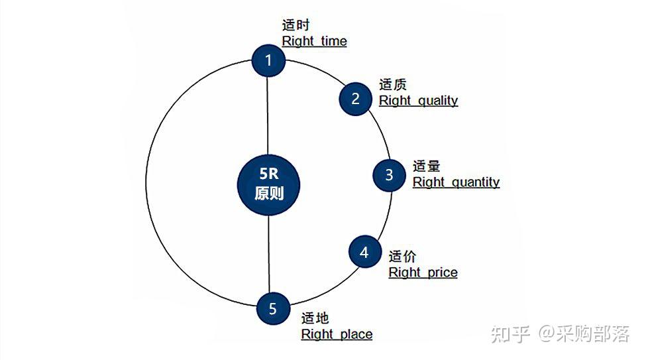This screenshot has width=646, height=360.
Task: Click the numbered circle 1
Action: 268,61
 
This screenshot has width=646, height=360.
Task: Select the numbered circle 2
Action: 356,99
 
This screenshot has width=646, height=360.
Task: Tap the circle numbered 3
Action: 389,174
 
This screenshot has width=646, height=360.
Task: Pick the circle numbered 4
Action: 364,253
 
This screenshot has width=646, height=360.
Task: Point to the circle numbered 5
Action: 273,309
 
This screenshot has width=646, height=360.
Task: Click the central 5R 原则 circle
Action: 269,185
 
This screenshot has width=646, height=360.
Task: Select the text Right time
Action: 314,41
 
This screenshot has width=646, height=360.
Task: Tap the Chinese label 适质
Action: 392,85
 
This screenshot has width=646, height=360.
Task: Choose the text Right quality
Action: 418,101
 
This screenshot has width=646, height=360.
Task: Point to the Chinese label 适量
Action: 426,166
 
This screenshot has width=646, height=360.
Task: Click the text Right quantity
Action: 456,182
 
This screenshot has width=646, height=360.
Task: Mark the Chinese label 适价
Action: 402,257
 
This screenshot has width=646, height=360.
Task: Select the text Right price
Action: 423,272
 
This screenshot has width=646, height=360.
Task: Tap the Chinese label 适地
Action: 315,318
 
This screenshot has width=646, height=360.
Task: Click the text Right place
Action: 337,334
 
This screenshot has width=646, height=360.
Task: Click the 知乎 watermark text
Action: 510,333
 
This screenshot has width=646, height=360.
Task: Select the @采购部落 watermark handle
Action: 583,333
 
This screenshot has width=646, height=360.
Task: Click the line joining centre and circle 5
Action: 269,255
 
